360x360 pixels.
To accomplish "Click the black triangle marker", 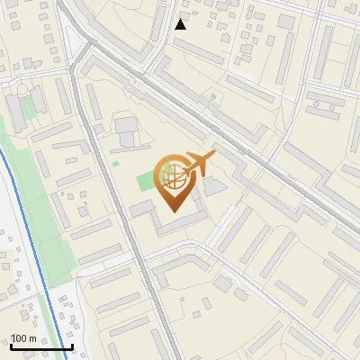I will (x=181, y=24).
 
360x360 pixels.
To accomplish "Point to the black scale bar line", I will (x=41, y=346).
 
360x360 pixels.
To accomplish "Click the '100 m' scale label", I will (x=23, y=338).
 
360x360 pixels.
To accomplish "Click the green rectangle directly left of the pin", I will (x=146, y=180).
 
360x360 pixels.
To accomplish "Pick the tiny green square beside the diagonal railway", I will (x=213, y=95).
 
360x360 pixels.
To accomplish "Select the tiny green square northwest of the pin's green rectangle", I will (x=115, y=163).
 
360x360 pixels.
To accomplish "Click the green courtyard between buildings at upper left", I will (x=27, y=107).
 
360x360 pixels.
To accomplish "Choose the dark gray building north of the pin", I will (x=127, y=130).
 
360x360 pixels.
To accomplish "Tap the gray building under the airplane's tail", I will (x=213, y=186).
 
